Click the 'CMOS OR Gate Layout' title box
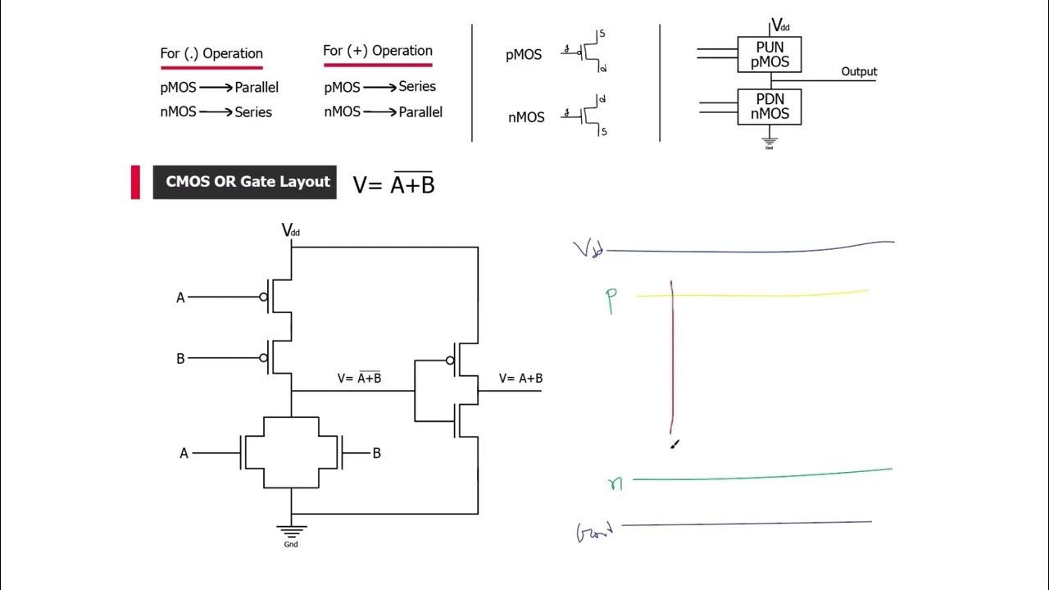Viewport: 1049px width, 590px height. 244,182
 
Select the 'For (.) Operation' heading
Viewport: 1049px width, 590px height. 211,54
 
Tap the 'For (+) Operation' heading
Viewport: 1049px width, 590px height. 378,51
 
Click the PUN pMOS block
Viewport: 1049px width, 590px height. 770,54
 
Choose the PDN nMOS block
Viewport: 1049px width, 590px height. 770,107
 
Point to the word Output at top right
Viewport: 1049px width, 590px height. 859,72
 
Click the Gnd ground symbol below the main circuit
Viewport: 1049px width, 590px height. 291,533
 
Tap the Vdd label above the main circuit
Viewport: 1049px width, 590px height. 291,230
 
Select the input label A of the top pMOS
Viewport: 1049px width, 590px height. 181,298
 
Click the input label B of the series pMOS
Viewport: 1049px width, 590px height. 181,359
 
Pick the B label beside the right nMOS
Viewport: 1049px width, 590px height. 376,453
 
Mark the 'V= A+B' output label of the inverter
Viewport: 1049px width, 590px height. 520,379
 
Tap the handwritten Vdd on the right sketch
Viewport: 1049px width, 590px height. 588,249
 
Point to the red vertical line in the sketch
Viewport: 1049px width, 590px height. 672,361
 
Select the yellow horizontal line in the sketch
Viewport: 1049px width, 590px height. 754,294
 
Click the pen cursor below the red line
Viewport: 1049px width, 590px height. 674,444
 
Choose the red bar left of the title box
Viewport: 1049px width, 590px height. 135,182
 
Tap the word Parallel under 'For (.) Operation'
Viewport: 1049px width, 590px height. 257,88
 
